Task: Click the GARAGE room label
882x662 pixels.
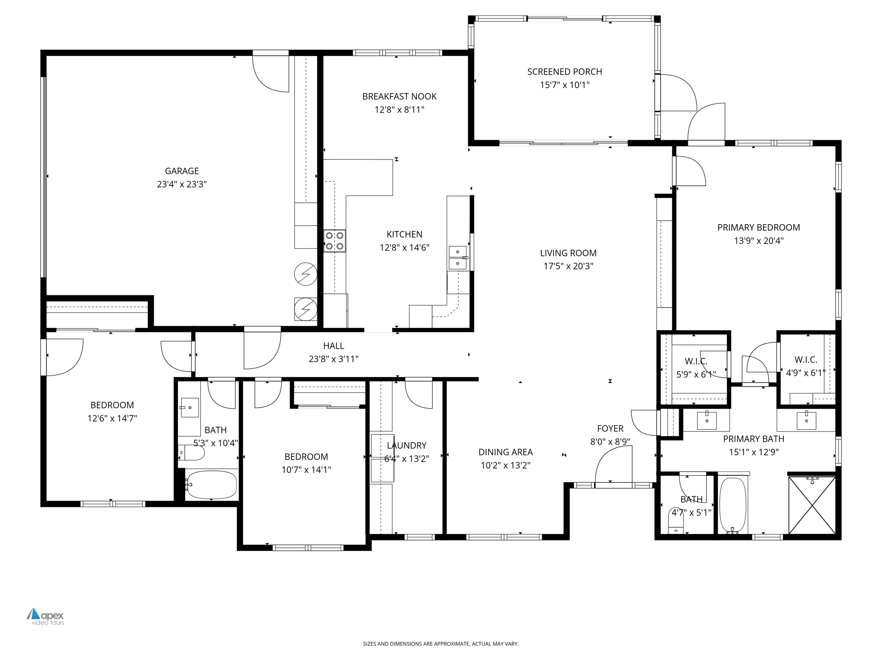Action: [182, 171]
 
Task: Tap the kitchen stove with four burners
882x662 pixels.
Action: [335, 241]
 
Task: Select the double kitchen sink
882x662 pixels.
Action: [457, 257]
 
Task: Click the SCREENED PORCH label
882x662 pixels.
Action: [564, 72]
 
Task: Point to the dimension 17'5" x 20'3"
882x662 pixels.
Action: [568, 266]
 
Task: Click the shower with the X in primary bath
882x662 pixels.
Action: [812, 505]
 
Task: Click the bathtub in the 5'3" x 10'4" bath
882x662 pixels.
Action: [211, 484]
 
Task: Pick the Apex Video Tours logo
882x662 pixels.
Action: [46, 616]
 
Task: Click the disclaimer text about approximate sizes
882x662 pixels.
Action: [441, 644]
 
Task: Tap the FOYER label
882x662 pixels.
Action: [610, 428]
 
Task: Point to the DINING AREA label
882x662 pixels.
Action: [505, 452]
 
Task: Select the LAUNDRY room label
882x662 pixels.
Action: [407, 446]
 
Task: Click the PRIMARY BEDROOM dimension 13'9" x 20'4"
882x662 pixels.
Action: [758, 240]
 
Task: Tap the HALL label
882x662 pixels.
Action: [333, 346]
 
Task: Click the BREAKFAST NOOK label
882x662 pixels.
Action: [399, 97]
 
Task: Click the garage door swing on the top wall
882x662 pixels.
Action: [270, 73]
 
